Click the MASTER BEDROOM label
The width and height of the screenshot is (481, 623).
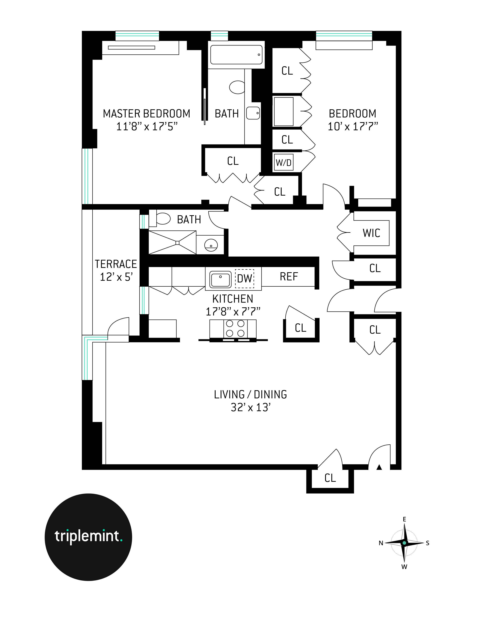[x=146, y=113]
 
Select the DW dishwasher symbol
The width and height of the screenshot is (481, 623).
[x=244, y=278]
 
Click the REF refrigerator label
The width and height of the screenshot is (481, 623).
[x=289, y=276]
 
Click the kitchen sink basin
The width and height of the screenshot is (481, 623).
[x=220, y=279]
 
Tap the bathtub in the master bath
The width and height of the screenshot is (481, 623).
[x=236, y=55]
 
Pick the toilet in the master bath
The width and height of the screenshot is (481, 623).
[x=237, y=87]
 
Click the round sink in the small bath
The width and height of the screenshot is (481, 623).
[x=211, y=245]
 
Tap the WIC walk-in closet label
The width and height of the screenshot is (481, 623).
[x=371, y=233]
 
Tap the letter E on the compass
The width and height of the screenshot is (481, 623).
[x=404, y=519]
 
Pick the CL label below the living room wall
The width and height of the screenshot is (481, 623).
[x=330, y=478]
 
